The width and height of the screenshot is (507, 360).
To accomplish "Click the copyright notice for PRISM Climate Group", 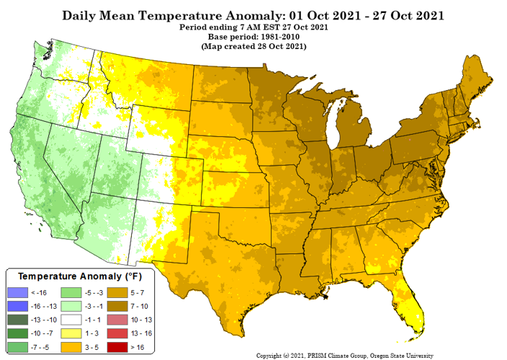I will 345,355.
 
